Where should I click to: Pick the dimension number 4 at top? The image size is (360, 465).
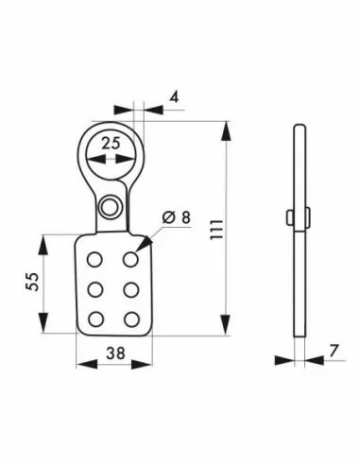tap(176, 95)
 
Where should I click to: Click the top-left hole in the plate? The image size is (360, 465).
tap(94, 258)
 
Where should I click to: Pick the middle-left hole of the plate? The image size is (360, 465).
tap(94, 288)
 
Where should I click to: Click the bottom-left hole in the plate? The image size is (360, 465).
tap(94, 318)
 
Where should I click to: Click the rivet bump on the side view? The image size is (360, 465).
tap(286, 216)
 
